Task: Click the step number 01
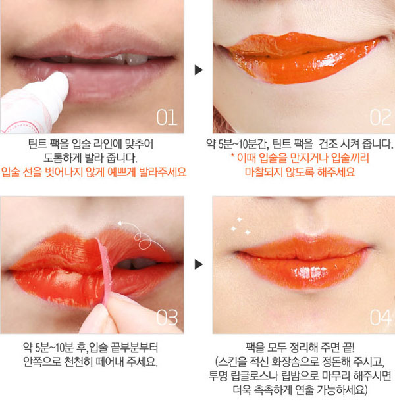coord(166,118)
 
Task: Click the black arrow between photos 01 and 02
coord(197,69)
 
